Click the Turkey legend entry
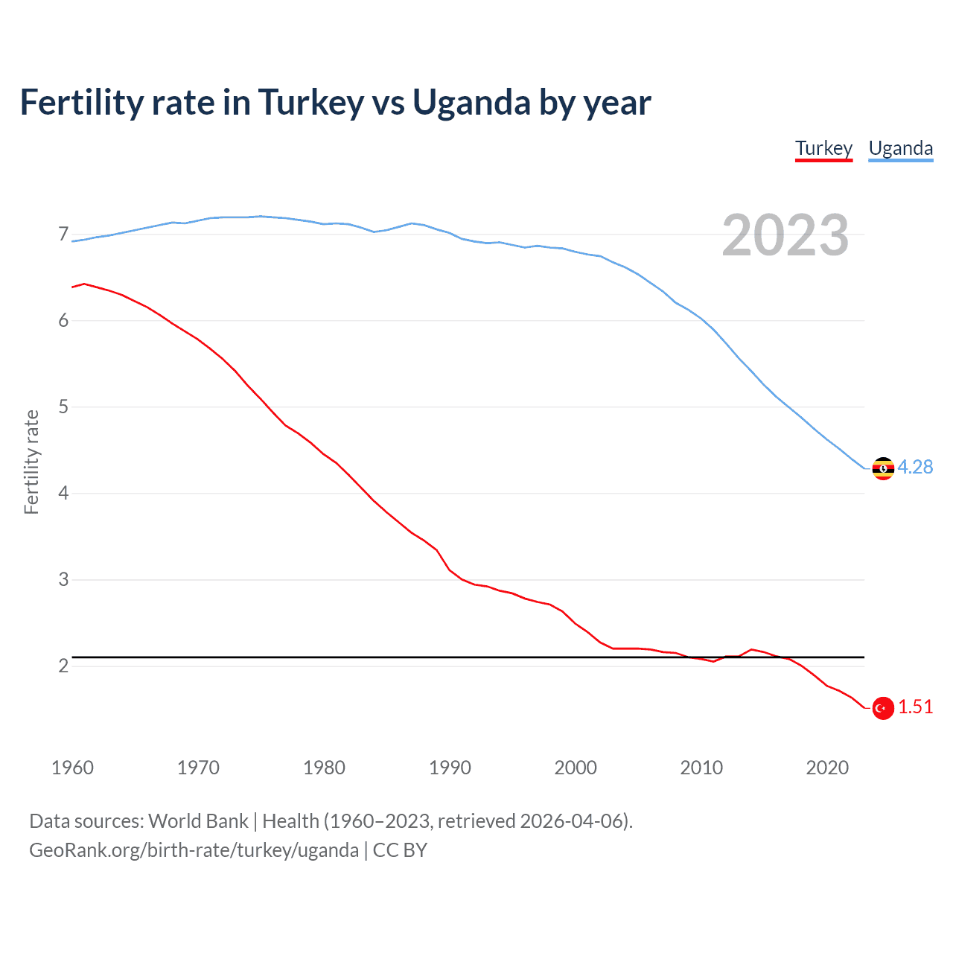point(823,148)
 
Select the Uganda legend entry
point(901,148)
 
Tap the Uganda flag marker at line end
point(883,468)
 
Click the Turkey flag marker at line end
point(883,708)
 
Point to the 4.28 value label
point(915,467)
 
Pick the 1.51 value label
point(915,707)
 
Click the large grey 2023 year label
point(785,235)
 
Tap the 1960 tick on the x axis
point(72,768)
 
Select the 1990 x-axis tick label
point(450,768)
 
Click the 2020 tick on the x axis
point(827,768)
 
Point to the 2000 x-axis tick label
point(576,768)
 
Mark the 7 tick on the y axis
point(63,235)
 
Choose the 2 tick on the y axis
point(63,666)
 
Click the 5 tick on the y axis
point(63,407)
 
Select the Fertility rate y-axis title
point(31,462)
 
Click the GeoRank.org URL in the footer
point(194,850)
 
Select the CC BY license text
point(400,850)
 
